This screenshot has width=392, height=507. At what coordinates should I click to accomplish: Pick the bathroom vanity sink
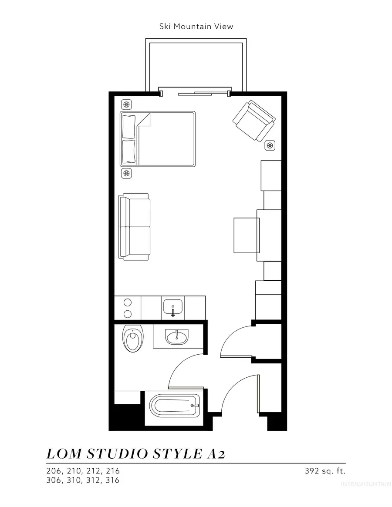177,336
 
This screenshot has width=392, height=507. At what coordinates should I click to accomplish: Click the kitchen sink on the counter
173,307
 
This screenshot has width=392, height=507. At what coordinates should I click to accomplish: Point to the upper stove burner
128,302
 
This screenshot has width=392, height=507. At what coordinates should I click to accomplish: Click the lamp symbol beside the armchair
270,146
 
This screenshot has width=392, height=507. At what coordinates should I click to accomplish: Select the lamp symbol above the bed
127,104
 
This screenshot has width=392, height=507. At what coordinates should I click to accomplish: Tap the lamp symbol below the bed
127,173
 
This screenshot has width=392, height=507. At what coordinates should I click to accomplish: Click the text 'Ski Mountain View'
196,27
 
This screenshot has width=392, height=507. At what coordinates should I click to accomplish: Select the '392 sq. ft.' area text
325,471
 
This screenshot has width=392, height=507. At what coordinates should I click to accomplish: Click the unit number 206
54,471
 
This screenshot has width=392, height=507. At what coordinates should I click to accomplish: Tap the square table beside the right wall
247,235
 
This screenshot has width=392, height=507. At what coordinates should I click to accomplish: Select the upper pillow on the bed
129,126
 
